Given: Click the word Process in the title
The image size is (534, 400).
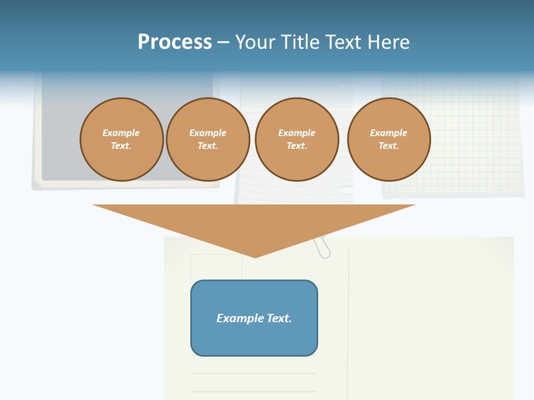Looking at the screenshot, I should click(175, 42).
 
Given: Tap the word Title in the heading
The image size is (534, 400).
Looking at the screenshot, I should click(299, 42).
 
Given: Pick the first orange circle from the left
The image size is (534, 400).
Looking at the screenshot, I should click(122, 139).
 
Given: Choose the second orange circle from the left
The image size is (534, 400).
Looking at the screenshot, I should click(208, 139).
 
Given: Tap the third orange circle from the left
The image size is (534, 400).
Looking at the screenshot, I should click(297, 139).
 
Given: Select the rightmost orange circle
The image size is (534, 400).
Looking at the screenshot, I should click(389, 139).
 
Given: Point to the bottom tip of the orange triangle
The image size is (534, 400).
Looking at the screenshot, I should click(255, 257).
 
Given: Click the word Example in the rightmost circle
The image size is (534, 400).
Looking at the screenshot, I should click(389, 133).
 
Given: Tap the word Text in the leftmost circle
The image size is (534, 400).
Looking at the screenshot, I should click(121, 146).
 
